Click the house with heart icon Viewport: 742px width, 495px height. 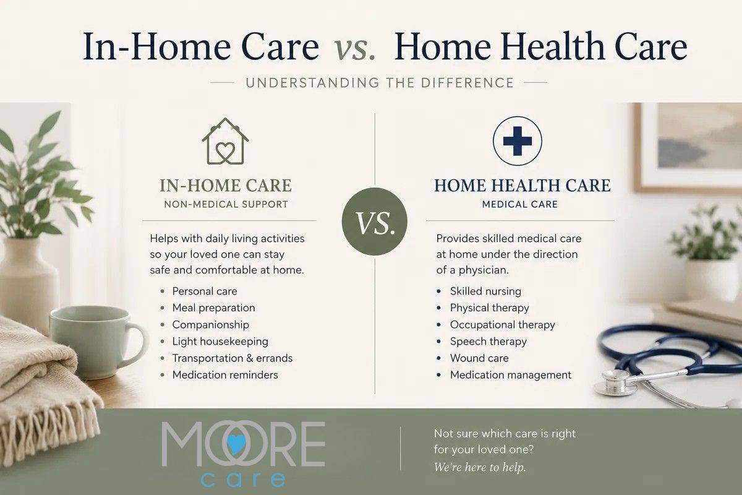tap(225, 141)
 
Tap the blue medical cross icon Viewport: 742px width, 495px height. tap(518, 141)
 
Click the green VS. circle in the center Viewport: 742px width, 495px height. tap(375, 222)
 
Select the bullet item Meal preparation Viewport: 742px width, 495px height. tap(214, 308)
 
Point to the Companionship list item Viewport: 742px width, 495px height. tap(211, 325)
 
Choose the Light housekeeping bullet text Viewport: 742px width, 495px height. tap(220, 341)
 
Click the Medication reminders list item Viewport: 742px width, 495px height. tap(225, 374)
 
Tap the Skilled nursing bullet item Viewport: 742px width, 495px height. tap(485, 291)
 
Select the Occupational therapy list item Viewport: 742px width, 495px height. tap(503, 325)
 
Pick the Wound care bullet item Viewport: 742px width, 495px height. tap(479, 358)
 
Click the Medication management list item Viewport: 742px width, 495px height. tap(511, 374)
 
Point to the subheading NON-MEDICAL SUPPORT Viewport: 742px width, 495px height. tap(226, 204)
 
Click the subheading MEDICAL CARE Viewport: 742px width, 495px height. tap(520, 204)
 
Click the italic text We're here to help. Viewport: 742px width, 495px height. tap(480, 468)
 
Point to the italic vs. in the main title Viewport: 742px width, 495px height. tap(354, 47)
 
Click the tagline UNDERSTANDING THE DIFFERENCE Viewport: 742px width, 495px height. tap(380, 82)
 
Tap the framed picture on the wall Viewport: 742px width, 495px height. tap(688, 147)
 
